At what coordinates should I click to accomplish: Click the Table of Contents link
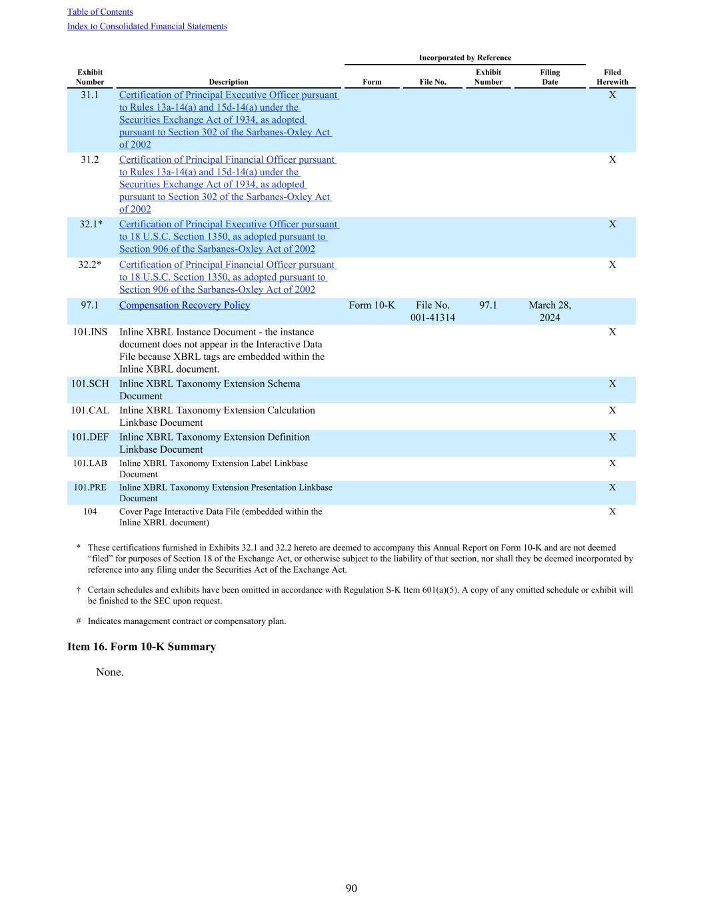[100, 12]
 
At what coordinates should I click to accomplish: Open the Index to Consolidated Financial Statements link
[147, 27]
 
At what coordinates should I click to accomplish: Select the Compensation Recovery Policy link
[185, 305]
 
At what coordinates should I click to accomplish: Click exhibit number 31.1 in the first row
[90, 95]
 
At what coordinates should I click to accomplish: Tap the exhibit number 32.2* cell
[90, 265]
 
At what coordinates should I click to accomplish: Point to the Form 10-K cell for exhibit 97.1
[372, 305]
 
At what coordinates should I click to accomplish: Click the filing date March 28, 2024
[550, 311]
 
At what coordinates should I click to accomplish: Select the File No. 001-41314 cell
[432, 311]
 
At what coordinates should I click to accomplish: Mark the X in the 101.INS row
[612, 332]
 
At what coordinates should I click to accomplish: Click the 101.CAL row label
[90, 411]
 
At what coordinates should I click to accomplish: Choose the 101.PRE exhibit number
[90, 487]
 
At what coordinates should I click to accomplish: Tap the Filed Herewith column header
[612, 77]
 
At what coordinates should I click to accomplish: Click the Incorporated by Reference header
[465, 58]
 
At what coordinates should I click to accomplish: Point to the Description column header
[229, 82]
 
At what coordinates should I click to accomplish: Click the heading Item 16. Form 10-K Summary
[141, 647]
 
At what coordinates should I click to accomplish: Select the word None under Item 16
[110, 672]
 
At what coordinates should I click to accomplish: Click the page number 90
[351, 888]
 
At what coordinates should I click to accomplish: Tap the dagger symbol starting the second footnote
[79, 590]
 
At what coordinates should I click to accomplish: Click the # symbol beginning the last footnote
[79, 621]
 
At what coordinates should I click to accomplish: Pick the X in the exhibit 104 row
[612, 512]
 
